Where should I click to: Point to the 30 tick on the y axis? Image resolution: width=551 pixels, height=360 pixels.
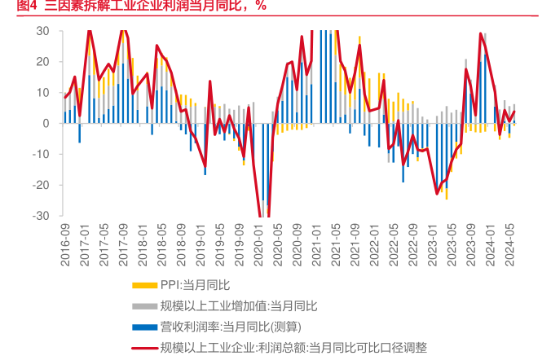point(43,31)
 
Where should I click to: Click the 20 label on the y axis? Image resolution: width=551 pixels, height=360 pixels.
point(43,62)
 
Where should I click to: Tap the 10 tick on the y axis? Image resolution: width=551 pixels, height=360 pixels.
point(43,93)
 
